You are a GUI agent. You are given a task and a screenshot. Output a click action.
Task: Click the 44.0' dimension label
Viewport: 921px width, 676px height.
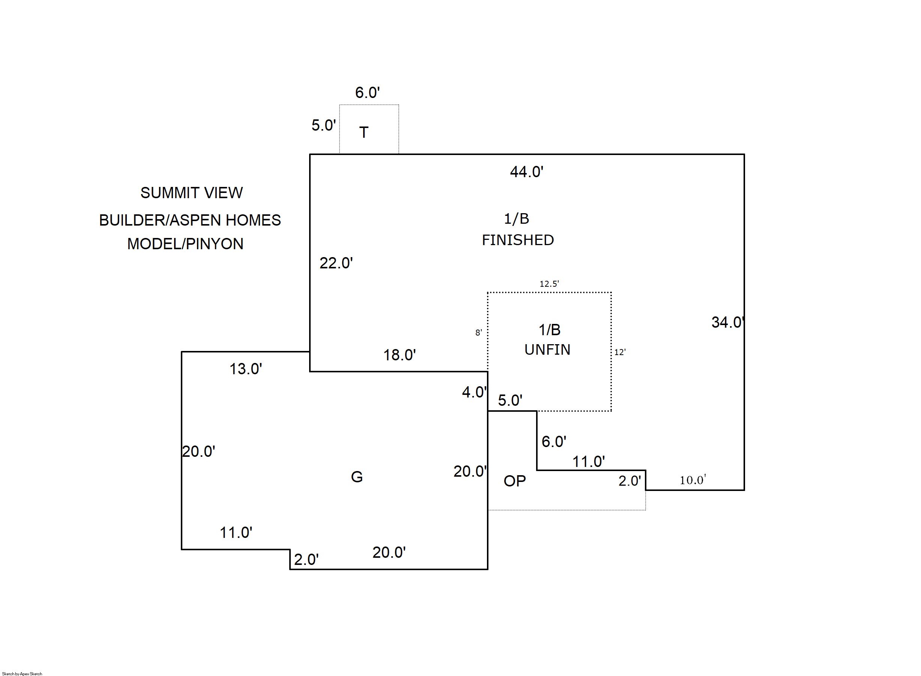526,172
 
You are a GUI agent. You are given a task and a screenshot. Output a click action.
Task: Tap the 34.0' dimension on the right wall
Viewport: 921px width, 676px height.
727,322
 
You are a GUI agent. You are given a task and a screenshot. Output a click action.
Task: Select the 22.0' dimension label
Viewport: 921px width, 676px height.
336,263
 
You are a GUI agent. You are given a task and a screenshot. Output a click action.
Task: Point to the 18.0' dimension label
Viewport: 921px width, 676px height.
399,355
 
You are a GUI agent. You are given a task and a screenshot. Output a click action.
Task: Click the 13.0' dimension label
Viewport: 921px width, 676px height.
245,369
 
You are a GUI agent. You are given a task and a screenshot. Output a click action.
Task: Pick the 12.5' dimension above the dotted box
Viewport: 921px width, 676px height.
549,284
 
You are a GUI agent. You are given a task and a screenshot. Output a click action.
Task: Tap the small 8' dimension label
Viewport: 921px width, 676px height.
478,333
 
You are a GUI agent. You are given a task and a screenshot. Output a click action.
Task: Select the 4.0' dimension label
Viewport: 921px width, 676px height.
474,392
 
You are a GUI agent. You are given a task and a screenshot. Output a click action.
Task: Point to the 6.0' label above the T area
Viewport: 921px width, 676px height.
367,93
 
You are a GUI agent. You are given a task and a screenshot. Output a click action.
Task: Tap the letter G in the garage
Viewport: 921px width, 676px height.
357,477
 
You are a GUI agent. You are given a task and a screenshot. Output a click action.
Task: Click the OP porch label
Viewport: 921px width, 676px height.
514,481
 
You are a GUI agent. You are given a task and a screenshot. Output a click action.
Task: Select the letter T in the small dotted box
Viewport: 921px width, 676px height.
364,132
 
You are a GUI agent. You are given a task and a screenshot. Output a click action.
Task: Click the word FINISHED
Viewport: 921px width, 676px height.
518,240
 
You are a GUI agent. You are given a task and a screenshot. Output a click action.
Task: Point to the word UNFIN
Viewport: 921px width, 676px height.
547,350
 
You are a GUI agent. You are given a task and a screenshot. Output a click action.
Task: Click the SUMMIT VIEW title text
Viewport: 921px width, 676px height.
191,193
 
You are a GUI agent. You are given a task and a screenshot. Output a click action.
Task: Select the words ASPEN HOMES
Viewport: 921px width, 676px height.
225,220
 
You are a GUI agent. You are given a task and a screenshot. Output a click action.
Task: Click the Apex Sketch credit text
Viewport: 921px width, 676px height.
22,673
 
